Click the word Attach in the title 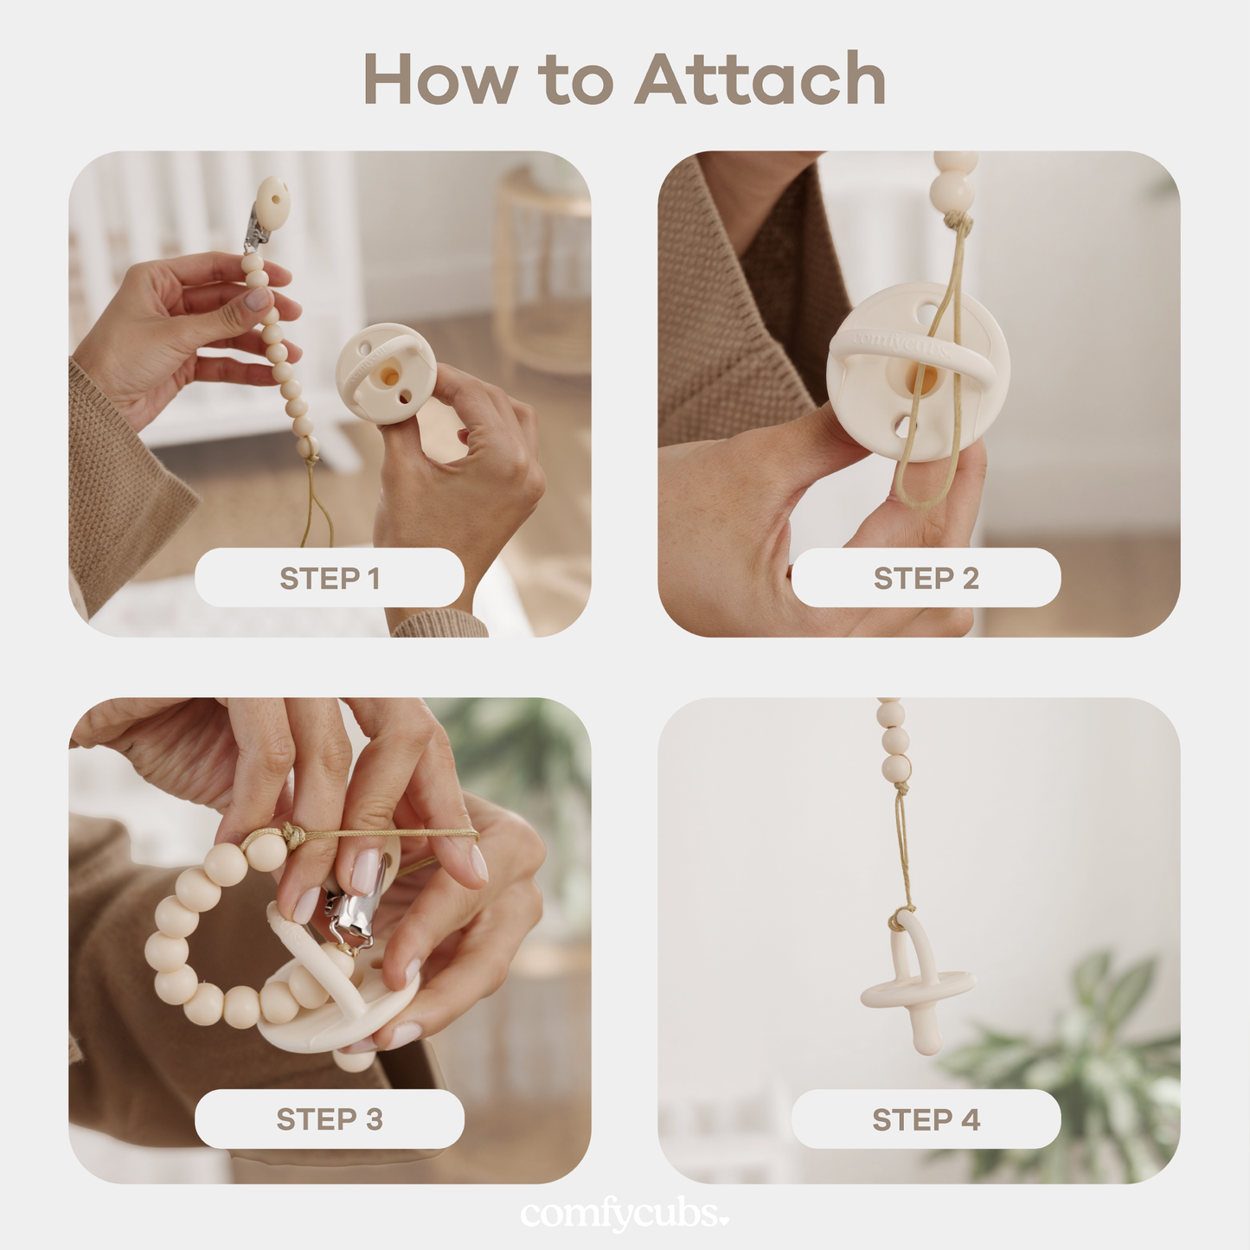760,80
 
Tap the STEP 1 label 330,578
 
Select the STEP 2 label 926,578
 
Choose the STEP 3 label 330,1119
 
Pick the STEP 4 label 926,1119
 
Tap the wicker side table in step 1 541,268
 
